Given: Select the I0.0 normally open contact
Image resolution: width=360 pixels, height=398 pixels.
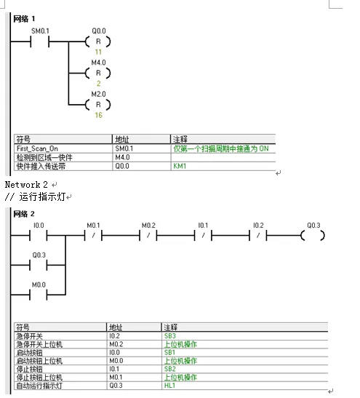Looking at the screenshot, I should click(x=39, y=236).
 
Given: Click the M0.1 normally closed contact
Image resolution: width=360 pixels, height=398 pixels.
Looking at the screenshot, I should click(x=92, y=236).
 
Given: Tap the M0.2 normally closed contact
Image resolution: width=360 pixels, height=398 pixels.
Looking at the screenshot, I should click(x=148, y=236).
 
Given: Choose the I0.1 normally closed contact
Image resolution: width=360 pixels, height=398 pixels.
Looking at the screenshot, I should click(x=203, y=236).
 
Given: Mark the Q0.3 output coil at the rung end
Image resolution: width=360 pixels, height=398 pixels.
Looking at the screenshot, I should click(x=313, y=236).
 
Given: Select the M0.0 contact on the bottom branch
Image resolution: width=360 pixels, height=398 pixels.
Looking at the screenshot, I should click(x=39, y=295).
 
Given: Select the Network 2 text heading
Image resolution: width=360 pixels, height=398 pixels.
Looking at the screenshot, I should click(x=26, y=185).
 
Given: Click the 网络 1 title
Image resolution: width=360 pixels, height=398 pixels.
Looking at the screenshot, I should click(x=24, y=17).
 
